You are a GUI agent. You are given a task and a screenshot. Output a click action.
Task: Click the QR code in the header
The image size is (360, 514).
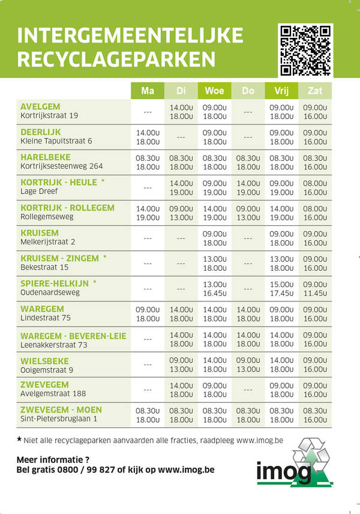[306, 50]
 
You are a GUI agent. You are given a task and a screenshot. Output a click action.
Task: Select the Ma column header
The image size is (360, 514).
[148, 91]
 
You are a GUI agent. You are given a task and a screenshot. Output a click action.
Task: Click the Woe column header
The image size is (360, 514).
[214, 91]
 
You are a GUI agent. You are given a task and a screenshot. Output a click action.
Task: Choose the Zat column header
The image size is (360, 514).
[315, 91]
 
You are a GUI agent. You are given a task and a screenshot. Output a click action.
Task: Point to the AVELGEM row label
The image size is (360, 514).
[40, 107]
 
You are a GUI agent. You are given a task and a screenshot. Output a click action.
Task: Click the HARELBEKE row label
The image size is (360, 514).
[45, 157]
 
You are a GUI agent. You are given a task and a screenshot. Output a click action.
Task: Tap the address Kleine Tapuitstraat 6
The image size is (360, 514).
[56, 141]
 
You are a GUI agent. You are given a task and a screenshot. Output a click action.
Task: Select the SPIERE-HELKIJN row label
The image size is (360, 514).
[55, 283]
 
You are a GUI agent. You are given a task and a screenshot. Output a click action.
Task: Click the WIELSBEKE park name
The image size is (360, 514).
[45, 361]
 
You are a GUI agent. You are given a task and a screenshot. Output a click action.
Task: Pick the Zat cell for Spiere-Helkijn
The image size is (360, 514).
[315, 288]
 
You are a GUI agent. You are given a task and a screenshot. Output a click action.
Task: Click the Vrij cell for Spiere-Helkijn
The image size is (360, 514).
[281, 288]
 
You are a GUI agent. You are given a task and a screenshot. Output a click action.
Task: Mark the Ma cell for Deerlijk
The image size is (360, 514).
[148, 137]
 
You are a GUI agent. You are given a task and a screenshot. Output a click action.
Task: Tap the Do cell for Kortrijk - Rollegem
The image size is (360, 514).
[248, 213]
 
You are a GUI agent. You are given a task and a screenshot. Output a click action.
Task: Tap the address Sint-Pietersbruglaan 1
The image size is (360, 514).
[59, 419]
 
